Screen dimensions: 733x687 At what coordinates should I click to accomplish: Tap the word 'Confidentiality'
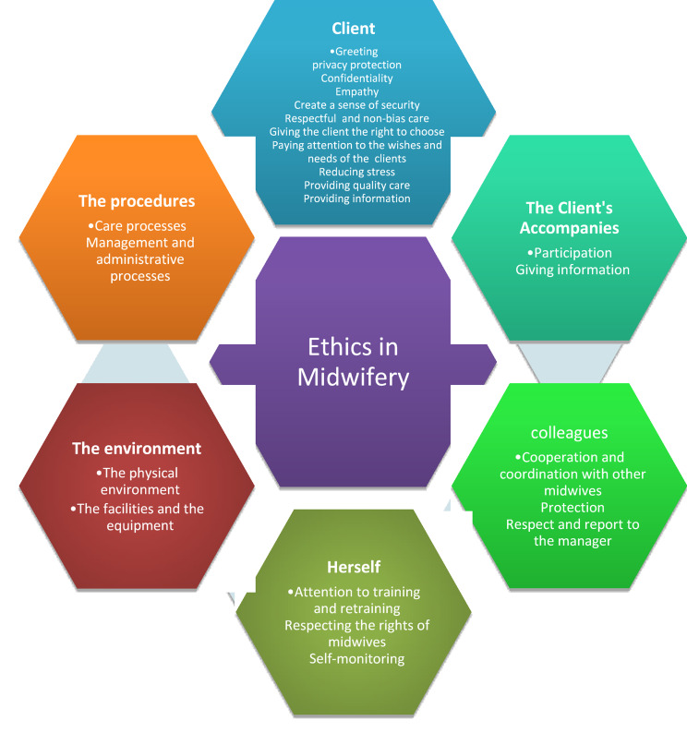(x=356, y=78)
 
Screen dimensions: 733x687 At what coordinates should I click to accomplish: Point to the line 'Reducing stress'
(x=356, y=172)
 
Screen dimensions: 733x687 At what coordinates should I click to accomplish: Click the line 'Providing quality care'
(x=356, y=185)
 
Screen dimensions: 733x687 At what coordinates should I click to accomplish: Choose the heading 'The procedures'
(x=136, y=201)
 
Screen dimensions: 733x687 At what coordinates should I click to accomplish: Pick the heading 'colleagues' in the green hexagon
(x=568, y=432)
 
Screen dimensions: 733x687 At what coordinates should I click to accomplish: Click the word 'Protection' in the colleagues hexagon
(x=572, y=507)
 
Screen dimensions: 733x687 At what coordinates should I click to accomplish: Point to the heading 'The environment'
(x=137, y=449)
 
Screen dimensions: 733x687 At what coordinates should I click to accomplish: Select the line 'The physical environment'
(x=137, y=481)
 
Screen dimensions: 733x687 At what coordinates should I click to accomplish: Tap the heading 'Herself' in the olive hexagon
(x=354, y=566)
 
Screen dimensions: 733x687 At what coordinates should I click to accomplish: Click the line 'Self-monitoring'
(x=357, y=658)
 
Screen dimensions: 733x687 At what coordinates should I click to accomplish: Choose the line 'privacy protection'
(x=356, y=65)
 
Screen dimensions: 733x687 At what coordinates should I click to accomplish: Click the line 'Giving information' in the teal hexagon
(x=572, y=270)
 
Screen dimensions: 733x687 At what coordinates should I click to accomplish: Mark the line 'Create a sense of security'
(x=356, y=105)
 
